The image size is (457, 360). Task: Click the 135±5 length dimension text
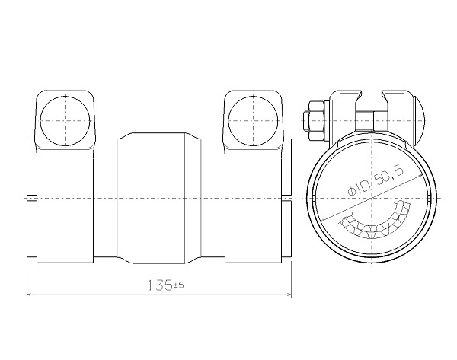165,285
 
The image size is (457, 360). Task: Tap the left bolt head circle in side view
65,121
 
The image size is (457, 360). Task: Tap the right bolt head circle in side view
253,121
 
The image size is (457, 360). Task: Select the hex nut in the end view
317,121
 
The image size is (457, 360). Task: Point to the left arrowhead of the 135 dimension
29,295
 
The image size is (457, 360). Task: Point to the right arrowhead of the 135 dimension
289,295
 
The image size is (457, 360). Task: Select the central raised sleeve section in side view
158,199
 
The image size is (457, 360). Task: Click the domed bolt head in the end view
420,120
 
